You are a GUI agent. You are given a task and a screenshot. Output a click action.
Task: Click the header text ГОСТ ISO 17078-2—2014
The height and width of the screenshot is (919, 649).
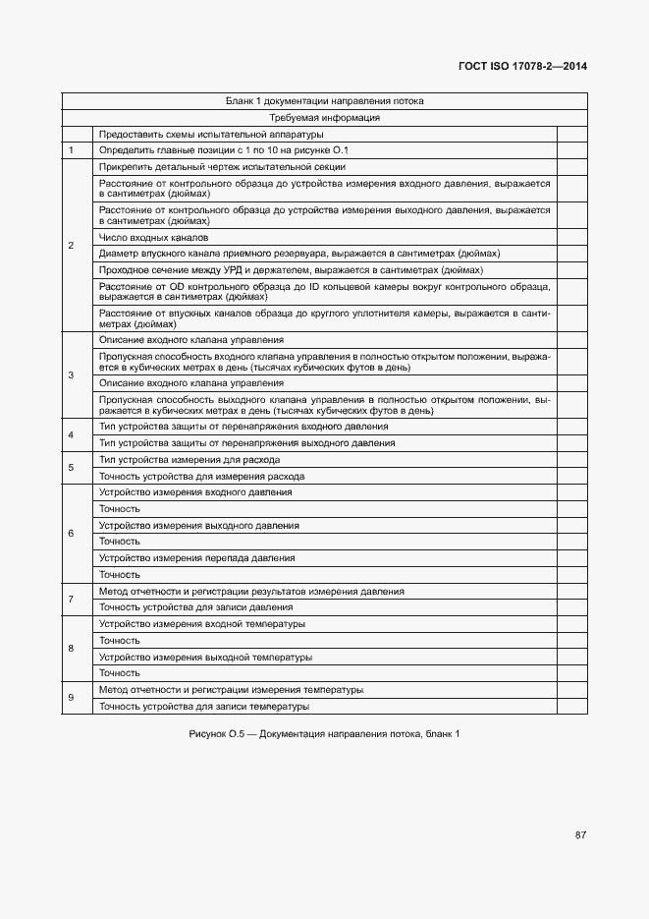(x=522, y=67)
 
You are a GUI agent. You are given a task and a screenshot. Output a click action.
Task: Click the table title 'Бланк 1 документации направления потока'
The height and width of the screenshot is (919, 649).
(x=324, y=100)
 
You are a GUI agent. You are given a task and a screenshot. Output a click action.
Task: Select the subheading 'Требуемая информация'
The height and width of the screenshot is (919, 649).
(x=324, y=117)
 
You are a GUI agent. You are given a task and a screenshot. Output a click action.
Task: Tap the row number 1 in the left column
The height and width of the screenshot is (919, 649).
(x=71, y=150)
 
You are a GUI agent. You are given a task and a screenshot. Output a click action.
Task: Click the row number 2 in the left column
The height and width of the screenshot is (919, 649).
(x=71, y=245)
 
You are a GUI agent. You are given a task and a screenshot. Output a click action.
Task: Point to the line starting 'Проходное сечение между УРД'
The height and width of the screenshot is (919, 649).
(x=291, y=269)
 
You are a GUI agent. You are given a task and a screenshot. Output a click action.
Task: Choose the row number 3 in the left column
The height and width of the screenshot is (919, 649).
(x=71, y=375)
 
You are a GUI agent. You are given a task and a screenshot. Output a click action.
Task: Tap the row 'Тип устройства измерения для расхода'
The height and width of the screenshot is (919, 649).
(x=189, y=460)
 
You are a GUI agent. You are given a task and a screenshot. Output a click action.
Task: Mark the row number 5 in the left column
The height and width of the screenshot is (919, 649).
(x=71, y=468)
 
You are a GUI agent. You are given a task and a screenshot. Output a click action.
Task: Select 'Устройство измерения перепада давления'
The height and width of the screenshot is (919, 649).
(x=196, y=558)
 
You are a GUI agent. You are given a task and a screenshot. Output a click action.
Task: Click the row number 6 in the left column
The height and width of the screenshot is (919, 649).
(x=71, y=534)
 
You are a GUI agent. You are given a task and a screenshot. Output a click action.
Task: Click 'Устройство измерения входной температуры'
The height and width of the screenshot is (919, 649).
(x=201, y=624)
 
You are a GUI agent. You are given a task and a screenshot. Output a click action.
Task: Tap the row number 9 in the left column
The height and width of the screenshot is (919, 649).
(x=71, y=698)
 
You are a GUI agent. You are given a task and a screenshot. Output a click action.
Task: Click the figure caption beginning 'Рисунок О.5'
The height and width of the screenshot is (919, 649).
(x=324, y=734)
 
